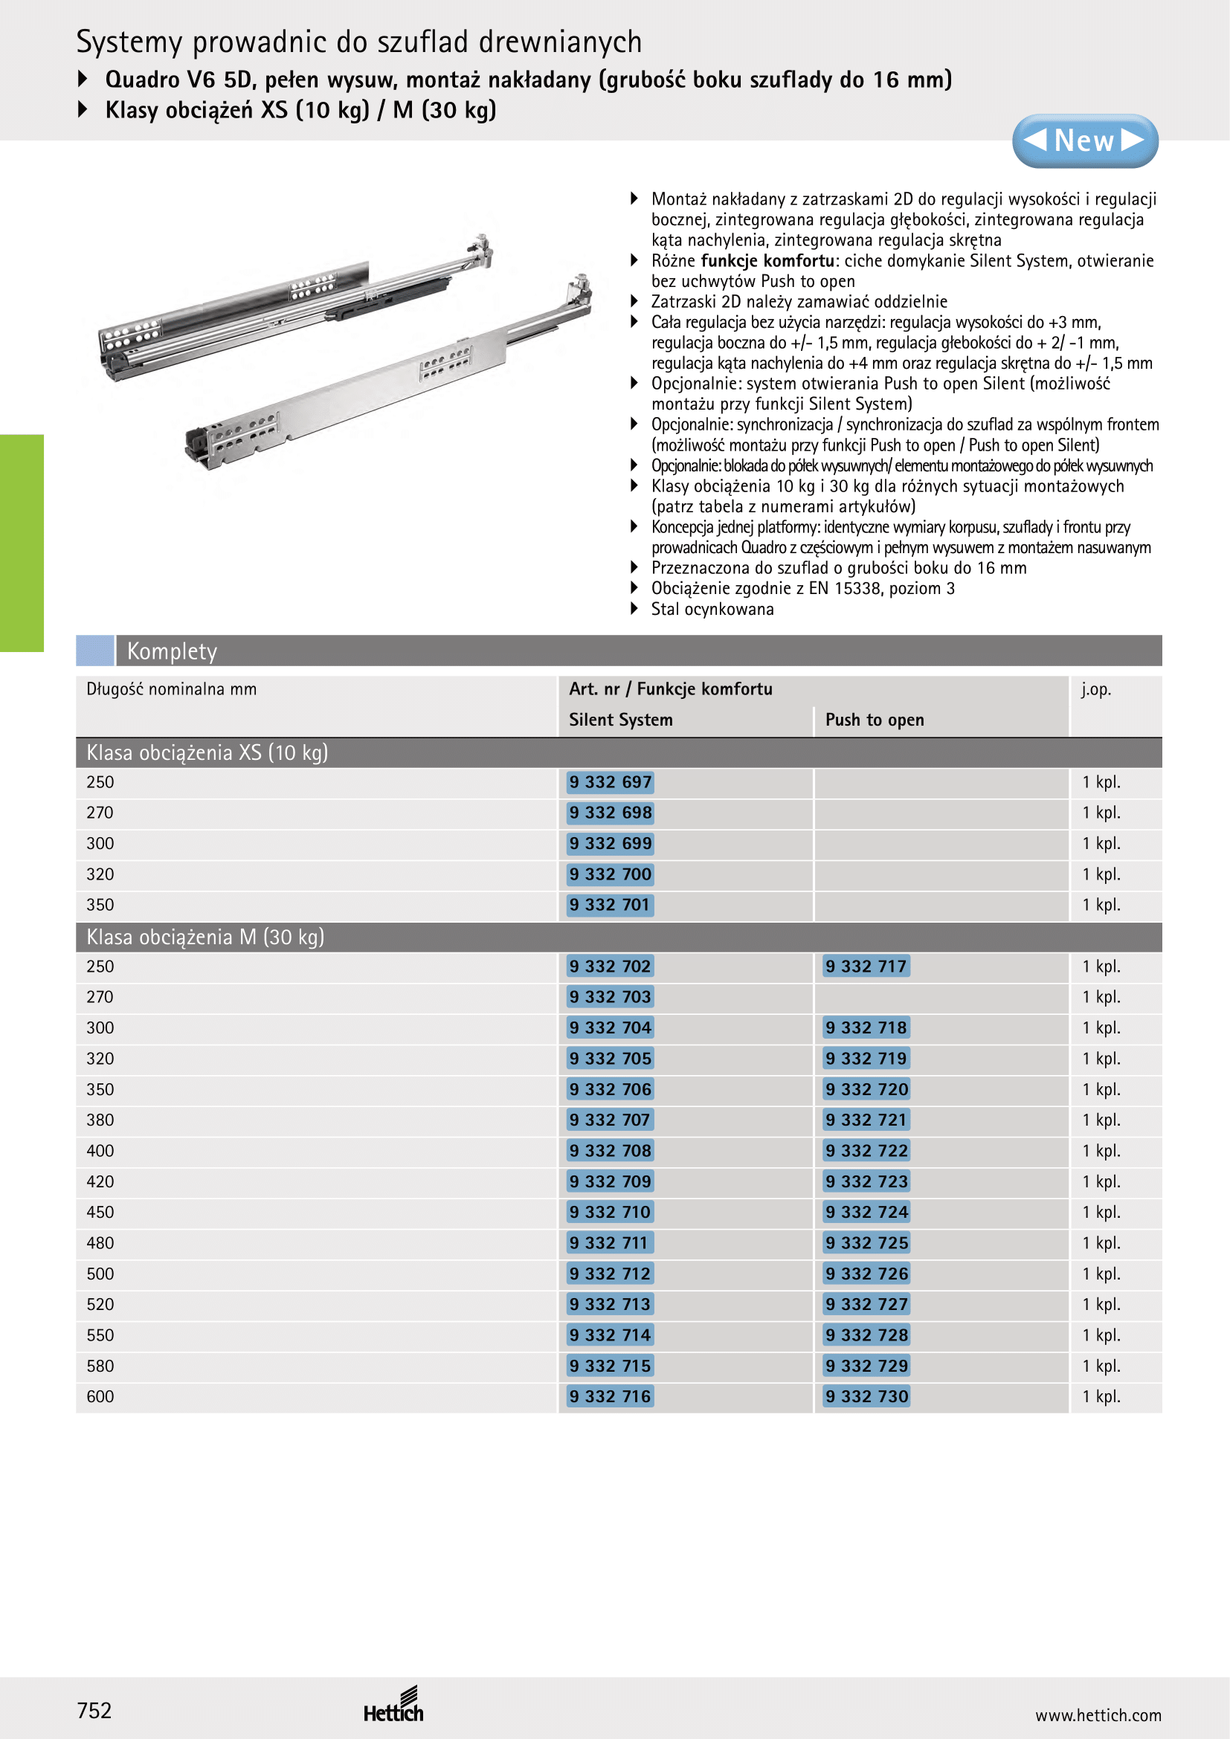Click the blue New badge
[1084, 141]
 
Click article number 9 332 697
[610, 782]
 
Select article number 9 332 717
[866, 967]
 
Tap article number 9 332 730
[866, 1397]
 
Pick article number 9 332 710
[610, 1213]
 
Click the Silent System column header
[620, 720]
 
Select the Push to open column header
[874, 720]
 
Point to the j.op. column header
[1095, 689]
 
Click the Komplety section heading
[172, 651]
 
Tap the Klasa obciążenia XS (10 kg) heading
[207, 753]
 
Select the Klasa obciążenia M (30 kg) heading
[205, 938]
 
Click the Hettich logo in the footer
[394, 1706]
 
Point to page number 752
[94, 1710]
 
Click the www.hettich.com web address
[1098, 1715]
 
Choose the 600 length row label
[100, 1397]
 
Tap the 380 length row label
[100, 1120]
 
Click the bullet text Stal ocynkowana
[712, 610]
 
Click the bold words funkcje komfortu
[767, 261]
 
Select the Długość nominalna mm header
[171, 689]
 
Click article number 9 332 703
[610, 998]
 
